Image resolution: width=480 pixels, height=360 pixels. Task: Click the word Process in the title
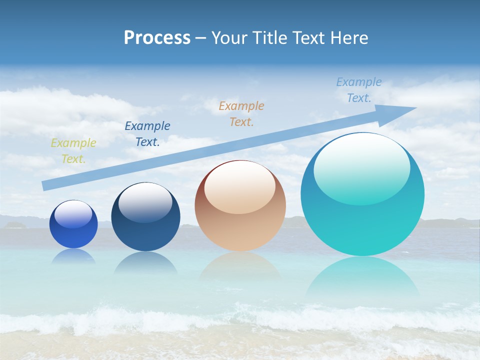pos(157,38)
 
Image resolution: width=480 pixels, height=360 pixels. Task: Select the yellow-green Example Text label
pos(73,151)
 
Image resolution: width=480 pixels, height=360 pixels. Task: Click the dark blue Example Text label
pos(147,134)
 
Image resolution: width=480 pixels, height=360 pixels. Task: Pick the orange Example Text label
pos(241,114)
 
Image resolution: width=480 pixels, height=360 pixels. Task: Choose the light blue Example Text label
pos(359,90)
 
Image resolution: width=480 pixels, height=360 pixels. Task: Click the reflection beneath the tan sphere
pos(240,265)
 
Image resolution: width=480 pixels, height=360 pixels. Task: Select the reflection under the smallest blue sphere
pos(73,257)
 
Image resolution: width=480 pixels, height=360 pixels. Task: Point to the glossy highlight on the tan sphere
pos(240,187)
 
